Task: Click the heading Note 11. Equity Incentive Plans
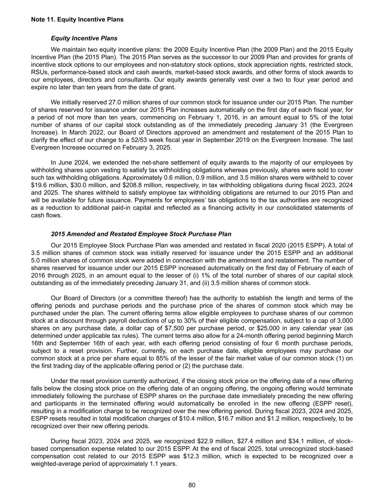[77, 20]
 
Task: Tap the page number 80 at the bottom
[192, 485]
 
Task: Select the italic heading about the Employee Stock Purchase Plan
[141, 234]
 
